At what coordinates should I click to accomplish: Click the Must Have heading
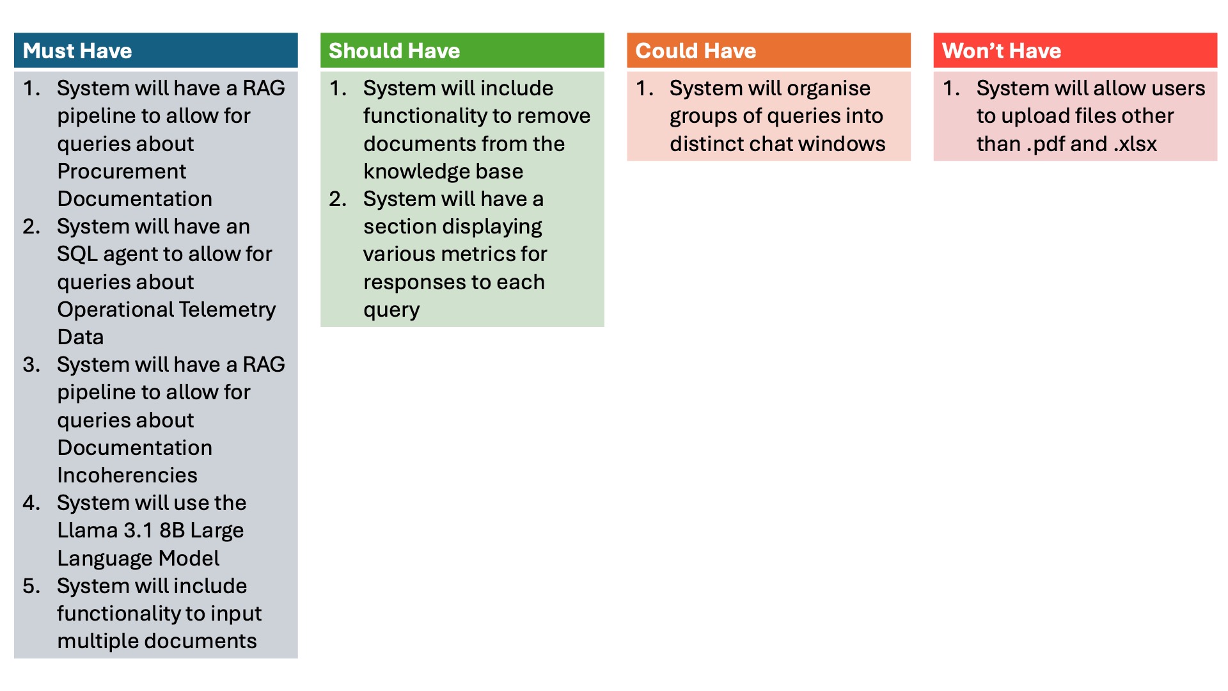point(77,51)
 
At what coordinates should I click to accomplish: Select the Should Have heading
point(394,51)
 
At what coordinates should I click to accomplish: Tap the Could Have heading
point(695,51)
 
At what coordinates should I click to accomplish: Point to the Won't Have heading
point(1002,51)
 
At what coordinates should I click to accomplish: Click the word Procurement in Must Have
point(122,171)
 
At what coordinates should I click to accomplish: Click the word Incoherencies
point(127,475)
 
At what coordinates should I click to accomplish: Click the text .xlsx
point(1135,145)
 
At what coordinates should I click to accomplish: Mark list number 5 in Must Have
point(31,586)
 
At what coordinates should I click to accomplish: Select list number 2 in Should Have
point(338,199)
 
